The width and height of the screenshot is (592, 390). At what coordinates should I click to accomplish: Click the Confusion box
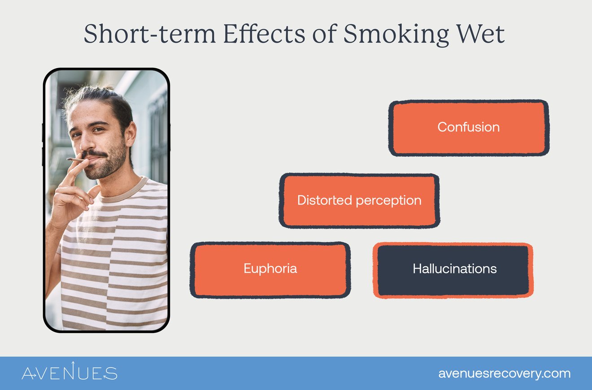tap(469, 128)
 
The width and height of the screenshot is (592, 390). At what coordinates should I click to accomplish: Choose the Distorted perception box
tap(359, 200)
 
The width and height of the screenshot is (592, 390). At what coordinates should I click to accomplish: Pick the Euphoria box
tap(270, 269)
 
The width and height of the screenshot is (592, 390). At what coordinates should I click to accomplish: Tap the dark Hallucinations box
tap(453, 269)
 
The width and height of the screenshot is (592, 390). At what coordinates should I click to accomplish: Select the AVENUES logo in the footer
tap(70, 373)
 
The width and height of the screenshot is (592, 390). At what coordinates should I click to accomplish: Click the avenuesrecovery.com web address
tap(505, 373)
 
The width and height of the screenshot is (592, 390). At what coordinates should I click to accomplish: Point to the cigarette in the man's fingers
tap(74, 159)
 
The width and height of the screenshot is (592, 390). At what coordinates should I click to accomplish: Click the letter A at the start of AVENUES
tap(30, 373)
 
